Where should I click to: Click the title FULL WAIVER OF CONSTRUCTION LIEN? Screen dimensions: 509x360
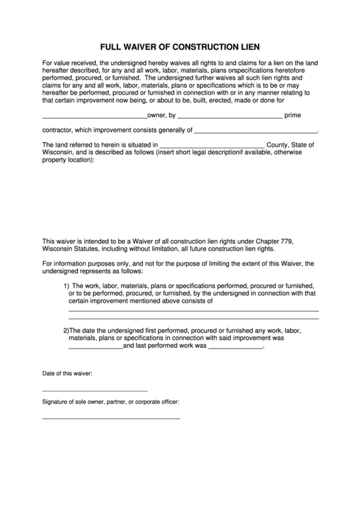(x=180, y=48)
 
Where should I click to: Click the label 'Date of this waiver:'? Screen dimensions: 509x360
(x=67, y=374)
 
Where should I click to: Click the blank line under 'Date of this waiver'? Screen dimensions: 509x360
(x=94, y=391)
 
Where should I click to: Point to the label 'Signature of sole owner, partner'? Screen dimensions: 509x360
(x=111, y=402)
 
